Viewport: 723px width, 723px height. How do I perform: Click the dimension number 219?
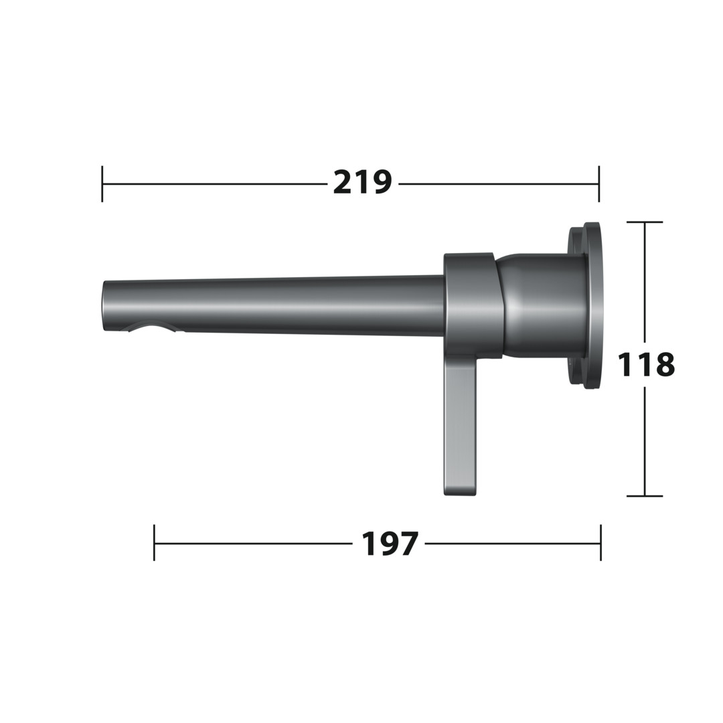(x=362, y=182)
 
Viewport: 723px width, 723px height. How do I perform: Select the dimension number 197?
(x=389, y=543)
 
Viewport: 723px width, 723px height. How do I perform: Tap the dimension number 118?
(x=645, y=364)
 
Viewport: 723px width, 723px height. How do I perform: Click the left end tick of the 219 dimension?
(x=102, y=183)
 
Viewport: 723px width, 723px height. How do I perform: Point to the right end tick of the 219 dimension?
(x=599, y=183)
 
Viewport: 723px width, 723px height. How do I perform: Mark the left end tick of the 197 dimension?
(x=154, y=543)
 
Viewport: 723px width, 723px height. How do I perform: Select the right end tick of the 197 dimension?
(x=600, y=543)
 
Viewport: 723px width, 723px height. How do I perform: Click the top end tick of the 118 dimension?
(x=645, y=222)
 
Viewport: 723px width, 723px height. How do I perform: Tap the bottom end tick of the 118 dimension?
(x=645, y=496)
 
